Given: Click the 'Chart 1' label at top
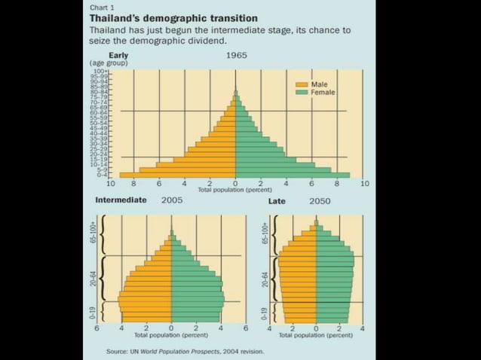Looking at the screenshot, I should coord(100,7).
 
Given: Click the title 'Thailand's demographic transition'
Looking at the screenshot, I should coord(173,17).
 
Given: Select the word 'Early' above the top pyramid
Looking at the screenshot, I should coord(118,56).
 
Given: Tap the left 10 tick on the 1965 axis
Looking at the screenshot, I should coord(110,184).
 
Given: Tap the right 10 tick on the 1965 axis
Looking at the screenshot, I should coord(364,184).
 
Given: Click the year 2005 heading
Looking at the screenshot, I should coord(173,201).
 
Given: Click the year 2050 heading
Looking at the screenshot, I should coord(320,202).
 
